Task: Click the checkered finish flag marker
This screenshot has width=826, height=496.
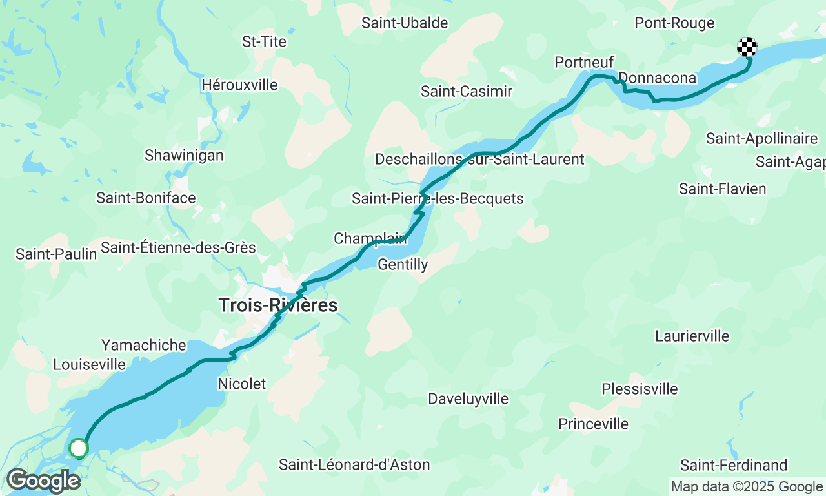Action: (x=747, y=47)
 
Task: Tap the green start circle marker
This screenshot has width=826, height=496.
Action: (x=79, y=448)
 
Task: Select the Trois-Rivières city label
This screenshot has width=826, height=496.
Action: (x=277, y=305)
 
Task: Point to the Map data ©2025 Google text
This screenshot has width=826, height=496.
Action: (x=747, y=487)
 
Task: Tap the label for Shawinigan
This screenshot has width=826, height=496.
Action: (x=184, y=155)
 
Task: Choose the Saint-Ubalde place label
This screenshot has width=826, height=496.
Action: (x=405, y=23)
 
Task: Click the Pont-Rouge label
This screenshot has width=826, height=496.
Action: (x=674, y=23)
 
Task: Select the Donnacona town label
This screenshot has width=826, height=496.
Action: (x=658, y=78)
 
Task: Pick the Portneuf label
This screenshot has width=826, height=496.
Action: (x=579, y=62)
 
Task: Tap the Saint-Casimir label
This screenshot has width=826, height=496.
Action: (x=467, y=91)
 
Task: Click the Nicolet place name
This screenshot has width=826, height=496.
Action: (x=242, y=384)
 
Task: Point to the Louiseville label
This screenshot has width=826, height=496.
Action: (x=89, y=364)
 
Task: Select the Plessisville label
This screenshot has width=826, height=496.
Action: (x=640, y=389)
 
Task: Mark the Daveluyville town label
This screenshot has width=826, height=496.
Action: (x=468, y=399)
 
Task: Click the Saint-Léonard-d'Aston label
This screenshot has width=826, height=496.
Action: (x=354, y=464)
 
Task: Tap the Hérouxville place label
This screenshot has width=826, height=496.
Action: (x=239, y=85)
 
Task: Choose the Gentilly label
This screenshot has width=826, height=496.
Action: (x=403, y=264)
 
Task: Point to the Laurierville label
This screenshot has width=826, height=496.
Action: (x=692, y=336)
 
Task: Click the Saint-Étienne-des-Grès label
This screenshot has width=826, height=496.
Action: (x=178, y=247)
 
